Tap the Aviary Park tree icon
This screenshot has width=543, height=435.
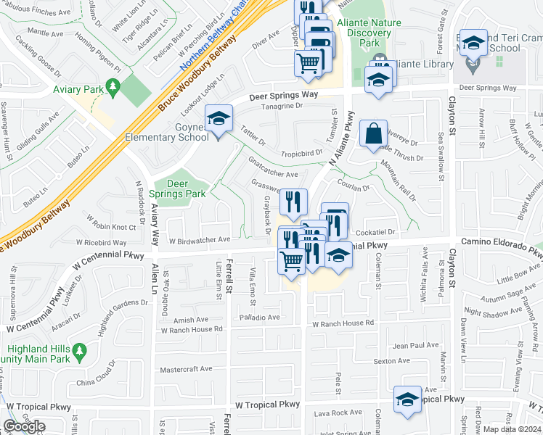112,88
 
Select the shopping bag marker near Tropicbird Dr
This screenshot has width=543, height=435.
373,134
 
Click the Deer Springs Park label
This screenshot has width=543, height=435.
178,188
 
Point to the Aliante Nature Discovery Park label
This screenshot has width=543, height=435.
374,33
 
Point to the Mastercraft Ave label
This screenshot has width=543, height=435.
186,369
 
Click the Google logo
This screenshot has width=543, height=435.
25,426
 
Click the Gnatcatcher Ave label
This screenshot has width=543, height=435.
273,175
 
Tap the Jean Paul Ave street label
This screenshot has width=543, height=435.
415,346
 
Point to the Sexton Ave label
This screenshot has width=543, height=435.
392,361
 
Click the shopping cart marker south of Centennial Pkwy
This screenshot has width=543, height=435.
292,260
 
